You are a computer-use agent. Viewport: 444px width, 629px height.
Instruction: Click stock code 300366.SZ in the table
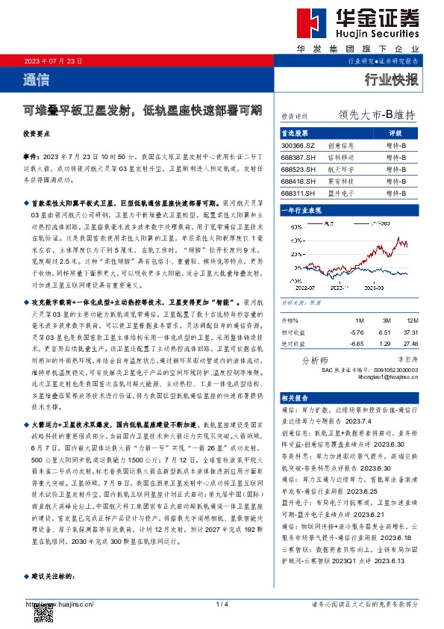(x=298, y=146)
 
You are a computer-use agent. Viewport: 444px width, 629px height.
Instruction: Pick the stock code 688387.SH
(x=298, y=158)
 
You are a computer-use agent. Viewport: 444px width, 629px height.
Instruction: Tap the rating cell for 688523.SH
(x=395, y=169)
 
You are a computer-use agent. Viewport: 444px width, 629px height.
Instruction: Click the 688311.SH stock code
(x=298, y=192)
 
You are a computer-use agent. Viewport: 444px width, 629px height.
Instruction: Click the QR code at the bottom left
(x=43, y=612)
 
